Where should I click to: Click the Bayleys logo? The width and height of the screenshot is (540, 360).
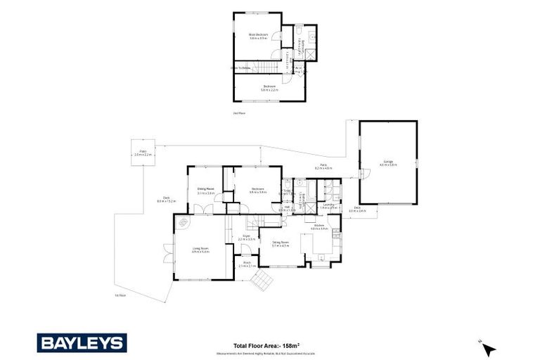click(x=82, y=343)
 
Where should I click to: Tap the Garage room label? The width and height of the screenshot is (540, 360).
click(x=388, y=162)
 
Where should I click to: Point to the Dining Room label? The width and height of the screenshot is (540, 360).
click(x=205, y=190)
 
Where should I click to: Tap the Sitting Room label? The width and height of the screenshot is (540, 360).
click(x=281, y=243)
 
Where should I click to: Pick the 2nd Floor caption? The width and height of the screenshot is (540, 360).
click(x=240, y=112)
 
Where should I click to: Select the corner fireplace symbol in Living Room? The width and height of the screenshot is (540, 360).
click(x=183, y=223)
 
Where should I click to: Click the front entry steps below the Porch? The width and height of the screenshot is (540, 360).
click(x=262, y=281)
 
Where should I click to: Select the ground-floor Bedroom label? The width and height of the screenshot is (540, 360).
click(x=257, y=190)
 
